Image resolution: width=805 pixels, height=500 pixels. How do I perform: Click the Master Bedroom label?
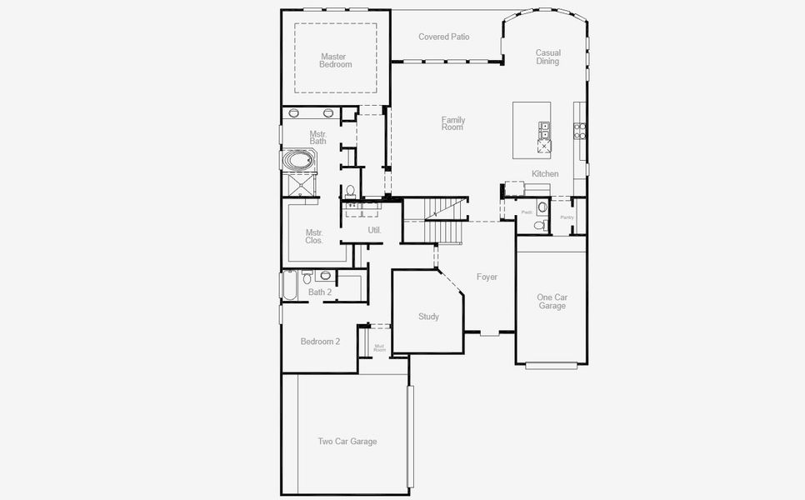point(336,61)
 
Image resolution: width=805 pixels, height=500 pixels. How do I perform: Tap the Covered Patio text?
point(443,37)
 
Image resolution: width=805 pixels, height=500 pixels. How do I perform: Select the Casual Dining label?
point(547,57)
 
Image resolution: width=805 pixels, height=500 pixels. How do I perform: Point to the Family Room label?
point(453,123)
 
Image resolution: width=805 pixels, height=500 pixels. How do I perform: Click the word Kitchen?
point(545,173)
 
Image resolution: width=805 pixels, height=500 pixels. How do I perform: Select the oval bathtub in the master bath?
point(297,160)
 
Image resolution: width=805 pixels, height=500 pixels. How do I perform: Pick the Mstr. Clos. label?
point(314,237)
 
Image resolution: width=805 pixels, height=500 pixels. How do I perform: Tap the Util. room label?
point(374,229)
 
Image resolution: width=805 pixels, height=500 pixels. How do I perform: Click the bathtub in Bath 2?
point(289,286)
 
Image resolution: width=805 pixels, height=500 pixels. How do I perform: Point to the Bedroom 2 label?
point(320,341)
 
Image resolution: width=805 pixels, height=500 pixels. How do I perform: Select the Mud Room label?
point(379,347)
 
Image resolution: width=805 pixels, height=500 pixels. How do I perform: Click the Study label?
point(428,317)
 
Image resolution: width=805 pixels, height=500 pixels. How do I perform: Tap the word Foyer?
point(487,277)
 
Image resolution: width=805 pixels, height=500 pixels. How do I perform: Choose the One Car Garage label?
point(552,302)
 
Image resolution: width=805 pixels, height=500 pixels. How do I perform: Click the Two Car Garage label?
point(347,441)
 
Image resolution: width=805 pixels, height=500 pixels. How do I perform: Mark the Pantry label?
point(567,217)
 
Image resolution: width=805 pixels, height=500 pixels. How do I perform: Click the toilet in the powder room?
point(539,225)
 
